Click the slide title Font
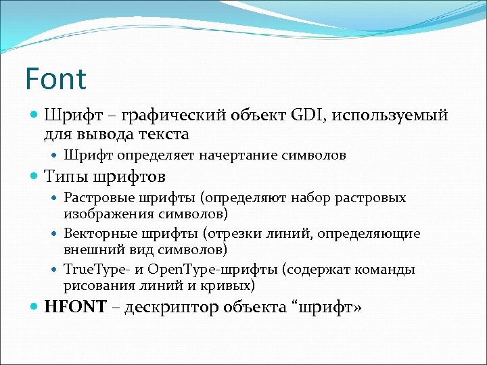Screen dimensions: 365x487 point(55,79)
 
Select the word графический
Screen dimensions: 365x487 point(170,115)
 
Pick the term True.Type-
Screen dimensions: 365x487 point(98,270)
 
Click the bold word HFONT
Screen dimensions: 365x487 point(75,308)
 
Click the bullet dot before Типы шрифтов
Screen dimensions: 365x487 point(35,177)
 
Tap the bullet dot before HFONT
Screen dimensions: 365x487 point(35,307)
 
